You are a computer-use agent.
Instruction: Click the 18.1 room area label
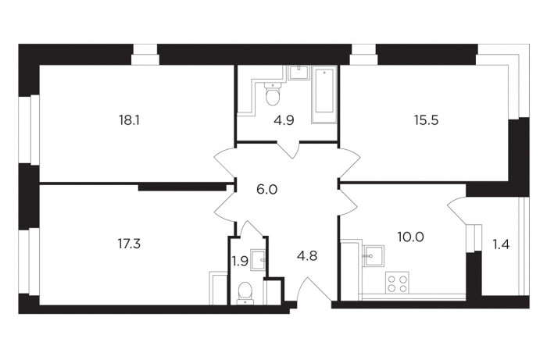click(129, 120)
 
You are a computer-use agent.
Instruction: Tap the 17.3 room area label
click(129, 244)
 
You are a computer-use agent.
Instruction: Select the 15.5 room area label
click(427, 120)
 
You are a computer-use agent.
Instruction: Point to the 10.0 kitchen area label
click(410, 237)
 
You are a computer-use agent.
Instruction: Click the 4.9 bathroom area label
click(284, 120)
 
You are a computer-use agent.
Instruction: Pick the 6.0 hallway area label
click(267, 190)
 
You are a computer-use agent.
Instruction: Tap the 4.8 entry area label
click(307, 256)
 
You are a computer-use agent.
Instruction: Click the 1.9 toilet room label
click(240, 261)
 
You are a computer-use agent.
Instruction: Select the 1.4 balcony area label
click(501, 244)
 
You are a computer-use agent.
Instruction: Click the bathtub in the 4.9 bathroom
click(324, 94)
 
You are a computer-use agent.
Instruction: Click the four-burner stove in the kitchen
click(397, 283)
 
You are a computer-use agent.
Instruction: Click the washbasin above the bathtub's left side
click(299, 73)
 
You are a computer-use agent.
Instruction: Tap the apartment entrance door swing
click(314, 290)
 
